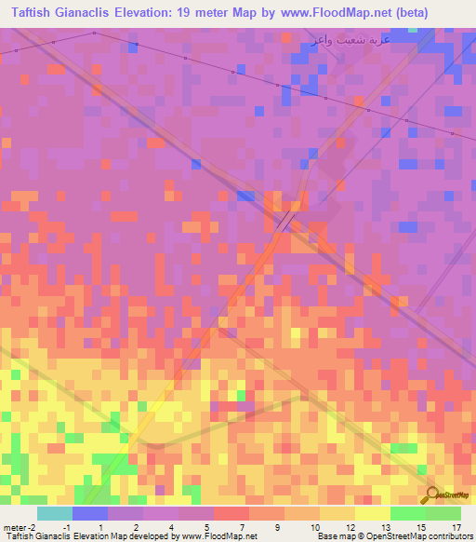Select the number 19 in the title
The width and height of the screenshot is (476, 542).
(198, 12)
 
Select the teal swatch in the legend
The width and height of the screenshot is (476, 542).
(54, 513)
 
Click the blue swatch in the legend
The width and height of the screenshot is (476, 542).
(89, 513)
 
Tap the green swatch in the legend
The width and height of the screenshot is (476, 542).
(407, 513)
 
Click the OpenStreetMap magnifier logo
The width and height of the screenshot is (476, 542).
(433, 496)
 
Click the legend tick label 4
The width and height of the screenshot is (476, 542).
(170, 526)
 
